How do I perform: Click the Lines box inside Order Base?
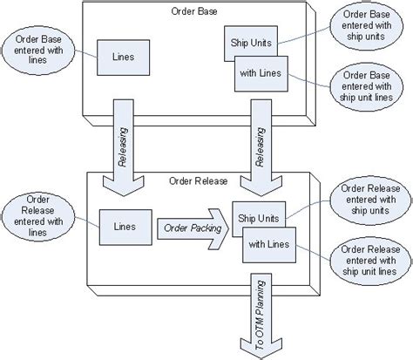point(121,57)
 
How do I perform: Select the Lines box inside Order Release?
point(121,226)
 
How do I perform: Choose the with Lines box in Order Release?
point(269,244)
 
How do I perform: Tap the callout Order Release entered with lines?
point(34,215)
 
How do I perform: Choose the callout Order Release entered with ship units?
point(369,199)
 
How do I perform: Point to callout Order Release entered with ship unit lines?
point(369,261)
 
